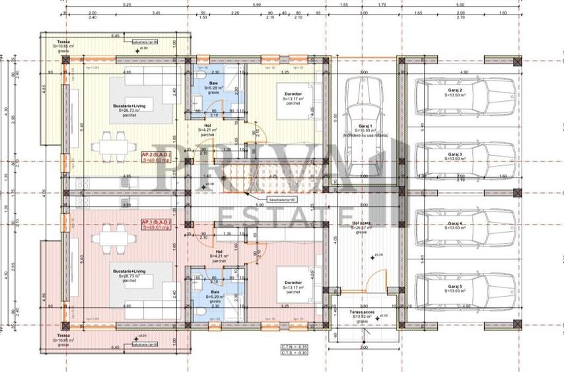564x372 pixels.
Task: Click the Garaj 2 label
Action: [x=455, y=90]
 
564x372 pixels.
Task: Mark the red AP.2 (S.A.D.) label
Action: [x=157, y=157]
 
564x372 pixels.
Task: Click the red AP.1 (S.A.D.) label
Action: [x=157, y=224]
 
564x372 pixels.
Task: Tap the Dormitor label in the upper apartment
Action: [x=293, y=94]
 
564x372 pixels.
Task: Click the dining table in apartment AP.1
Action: [x=110, y=237]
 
